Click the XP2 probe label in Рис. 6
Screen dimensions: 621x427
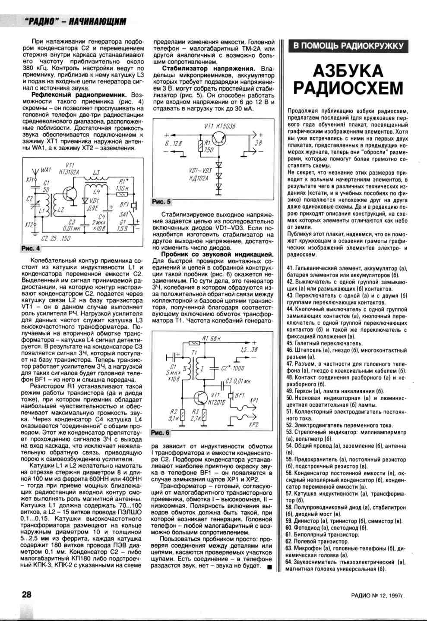(x=253, y=425)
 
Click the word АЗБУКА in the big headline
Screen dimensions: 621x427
(x=348, y=71)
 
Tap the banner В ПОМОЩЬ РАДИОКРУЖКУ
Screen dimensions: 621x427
(x=348, y=46)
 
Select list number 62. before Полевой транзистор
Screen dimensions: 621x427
(x=290, y=541)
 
